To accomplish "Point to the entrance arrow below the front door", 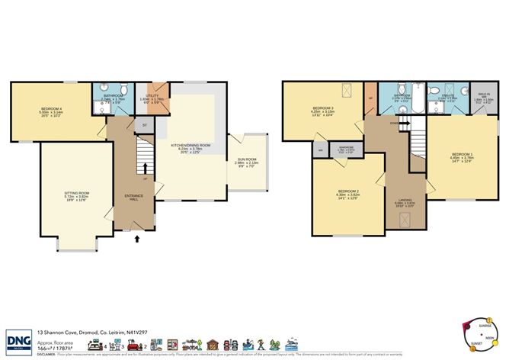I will (x=137, y=239).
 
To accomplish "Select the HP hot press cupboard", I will (x=371, y=97).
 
